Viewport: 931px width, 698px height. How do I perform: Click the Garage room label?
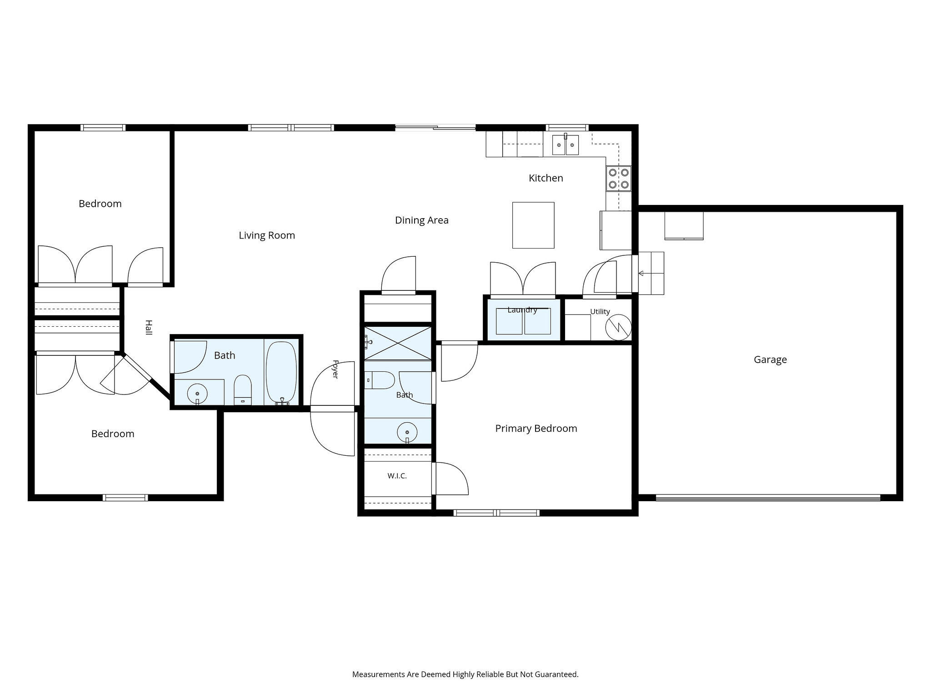[x=770, y=359]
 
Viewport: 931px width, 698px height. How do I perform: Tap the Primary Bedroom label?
[x=536, y=429]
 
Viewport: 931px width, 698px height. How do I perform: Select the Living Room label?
[x=267, y=235]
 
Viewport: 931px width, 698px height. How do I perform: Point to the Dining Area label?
[x=421, y=220]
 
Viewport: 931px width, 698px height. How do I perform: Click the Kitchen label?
[x=546, y=178]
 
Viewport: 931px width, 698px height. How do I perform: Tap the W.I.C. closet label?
[x=397, y=476]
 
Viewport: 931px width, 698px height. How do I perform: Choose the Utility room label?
[x=600, y=312]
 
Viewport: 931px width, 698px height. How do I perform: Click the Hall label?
[x=148, y=327]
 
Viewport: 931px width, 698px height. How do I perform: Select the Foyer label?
[x=335, y=369]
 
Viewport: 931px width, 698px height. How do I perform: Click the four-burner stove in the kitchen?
[x=619, y=178]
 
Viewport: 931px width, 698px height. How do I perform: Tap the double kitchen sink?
[x=566, y=145]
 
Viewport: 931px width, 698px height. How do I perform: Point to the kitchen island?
[x=533, y=225]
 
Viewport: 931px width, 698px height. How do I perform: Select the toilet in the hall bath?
[x=243, y=389]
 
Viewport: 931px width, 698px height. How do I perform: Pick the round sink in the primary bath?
[x=407, y=432]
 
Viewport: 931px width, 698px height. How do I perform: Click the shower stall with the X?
[x=398, y=343]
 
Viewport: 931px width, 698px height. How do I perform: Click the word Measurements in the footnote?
[x=379, y=674]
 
